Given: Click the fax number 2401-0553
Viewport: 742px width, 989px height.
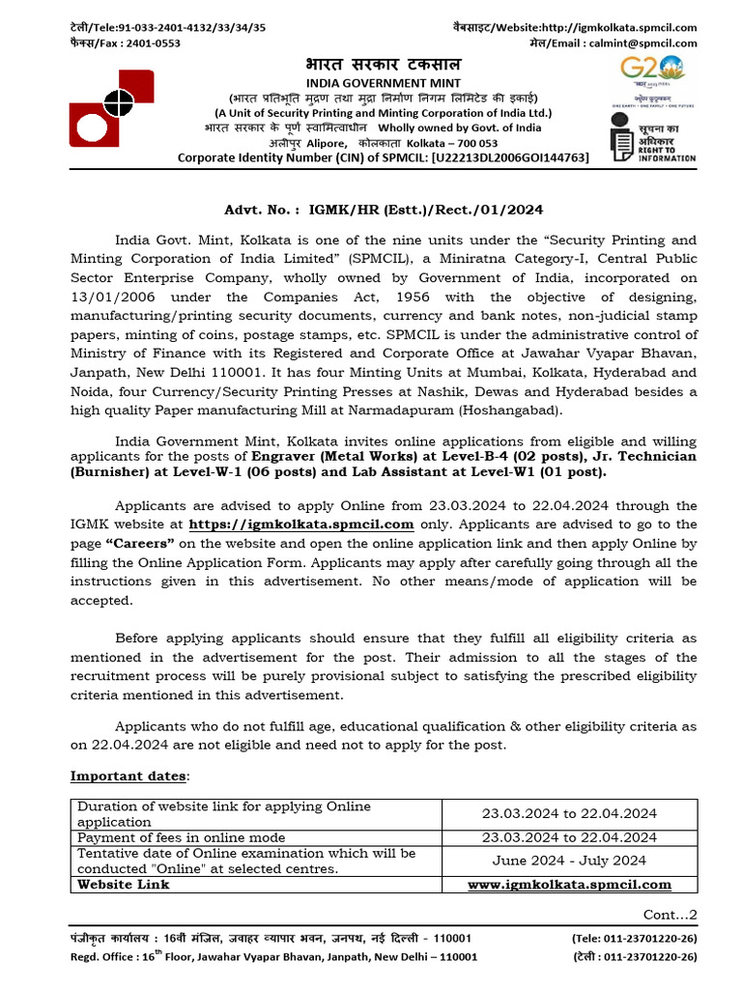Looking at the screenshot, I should tap(150, 42).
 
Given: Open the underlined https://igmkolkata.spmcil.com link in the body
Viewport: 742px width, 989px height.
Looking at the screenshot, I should tap(301, 524).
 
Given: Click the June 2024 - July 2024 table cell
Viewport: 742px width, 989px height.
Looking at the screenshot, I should tap(569, 861).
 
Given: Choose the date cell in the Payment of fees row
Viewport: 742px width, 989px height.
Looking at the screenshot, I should tap(569, 837).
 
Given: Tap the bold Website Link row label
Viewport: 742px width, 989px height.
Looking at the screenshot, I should tap(123, 884).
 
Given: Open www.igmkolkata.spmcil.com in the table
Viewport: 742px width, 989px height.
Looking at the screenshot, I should tap(569, 884).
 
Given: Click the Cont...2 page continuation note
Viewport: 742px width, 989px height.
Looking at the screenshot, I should tap(670, 914).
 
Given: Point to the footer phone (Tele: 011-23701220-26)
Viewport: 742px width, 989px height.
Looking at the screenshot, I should tap(634, 938).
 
